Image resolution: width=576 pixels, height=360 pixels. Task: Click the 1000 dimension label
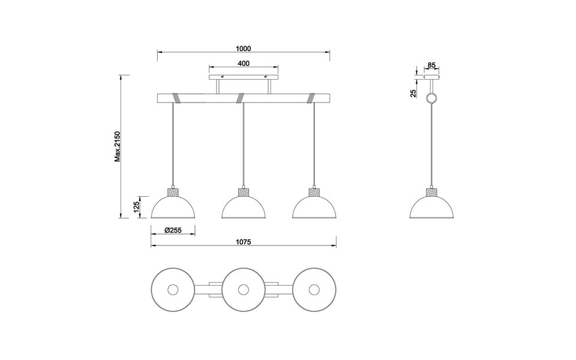(243, 49)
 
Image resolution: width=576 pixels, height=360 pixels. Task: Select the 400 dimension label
(243, 63)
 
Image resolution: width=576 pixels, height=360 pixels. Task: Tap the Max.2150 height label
(119, 146)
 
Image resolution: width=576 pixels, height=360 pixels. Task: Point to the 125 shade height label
(137, 207)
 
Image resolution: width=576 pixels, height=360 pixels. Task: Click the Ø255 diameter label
(173, 230)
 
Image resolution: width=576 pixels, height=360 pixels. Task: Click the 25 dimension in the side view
(414, 93)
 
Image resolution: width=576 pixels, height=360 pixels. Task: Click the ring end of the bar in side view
(431, 99)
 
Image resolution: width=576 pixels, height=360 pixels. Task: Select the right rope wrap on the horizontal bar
(312, 97)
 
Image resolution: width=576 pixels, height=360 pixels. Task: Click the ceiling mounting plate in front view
(243, 77)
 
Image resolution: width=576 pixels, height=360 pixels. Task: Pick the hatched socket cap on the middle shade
(243, 193)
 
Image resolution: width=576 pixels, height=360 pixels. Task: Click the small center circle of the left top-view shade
(173, 289)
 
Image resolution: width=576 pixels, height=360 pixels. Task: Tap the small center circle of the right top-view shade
(313, 289)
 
